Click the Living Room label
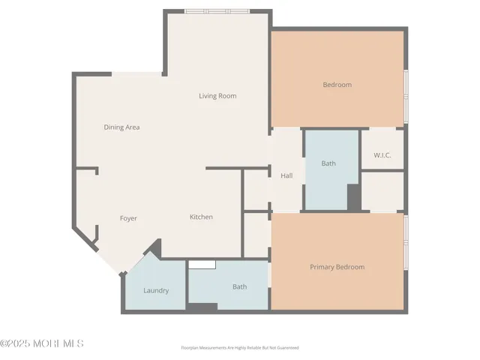point(217,96)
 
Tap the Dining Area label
point(121,127)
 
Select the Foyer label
point(128,218)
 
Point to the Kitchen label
point(201,217)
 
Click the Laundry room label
point(156,290)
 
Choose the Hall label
point(286,176)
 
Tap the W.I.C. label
point(382,155)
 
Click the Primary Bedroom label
point(337,267)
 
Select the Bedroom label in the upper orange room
point(337,85)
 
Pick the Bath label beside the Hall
point(328,163)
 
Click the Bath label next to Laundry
point(239,286)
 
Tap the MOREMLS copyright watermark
point(42,343)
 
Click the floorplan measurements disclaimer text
point(240,348)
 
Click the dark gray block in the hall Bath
point(354,196)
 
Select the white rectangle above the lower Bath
point(202,263)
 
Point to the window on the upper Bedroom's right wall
point(406,96)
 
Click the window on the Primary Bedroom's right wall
point(406,244)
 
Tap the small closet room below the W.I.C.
point(382,190)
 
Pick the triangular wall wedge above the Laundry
point(154,247)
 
